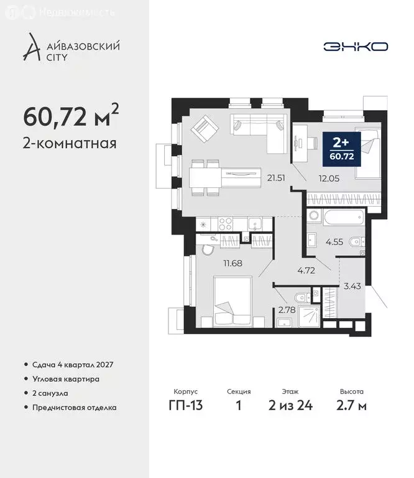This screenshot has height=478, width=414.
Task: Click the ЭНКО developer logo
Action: tap(356, 47)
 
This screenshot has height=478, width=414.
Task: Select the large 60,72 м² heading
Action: tap(70, 115)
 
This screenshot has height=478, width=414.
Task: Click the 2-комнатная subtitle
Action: tap(70, 144)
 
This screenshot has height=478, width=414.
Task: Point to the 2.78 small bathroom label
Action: tap(287, 309)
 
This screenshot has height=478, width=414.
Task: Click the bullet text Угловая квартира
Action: tap(65, 378)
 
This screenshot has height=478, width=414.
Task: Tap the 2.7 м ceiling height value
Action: tap(352, 406)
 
